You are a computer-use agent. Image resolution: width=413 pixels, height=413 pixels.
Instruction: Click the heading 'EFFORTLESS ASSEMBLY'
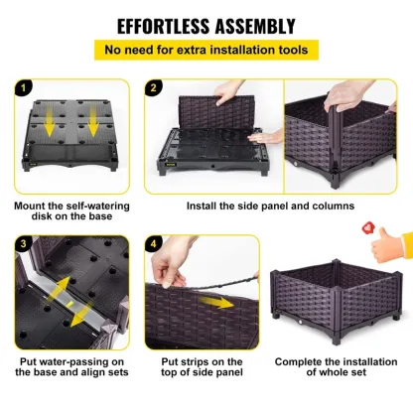point(206,26)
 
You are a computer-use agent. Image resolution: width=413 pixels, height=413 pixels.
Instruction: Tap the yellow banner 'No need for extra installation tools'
point(206,50)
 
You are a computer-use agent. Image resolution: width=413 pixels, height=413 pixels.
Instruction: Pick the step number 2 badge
point(154,87)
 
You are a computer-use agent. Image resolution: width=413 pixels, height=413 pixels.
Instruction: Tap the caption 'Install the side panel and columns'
point(270,206)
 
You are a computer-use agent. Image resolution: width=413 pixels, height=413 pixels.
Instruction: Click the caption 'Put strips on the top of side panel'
point(203,368)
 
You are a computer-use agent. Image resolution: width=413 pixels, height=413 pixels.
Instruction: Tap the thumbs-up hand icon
point(391,249)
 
